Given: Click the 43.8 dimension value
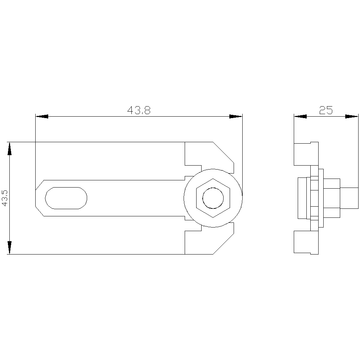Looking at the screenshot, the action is [139, 110].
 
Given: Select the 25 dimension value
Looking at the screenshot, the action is [326, 110].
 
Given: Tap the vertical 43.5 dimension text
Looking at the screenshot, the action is [5, 198].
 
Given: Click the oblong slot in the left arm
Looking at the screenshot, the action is [66, 198].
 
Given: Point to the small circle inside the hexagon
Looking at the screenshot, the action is [213, 198].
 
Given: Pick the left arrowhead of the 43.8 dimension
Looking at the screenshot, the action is [42, 116].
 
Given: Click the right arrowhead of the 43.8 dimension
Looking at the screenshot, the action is [236, 116].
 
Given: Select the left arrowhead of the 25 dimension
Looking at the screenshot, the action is [300, 116].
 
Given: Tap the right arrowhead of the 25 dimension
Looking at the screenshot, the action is [352, 116].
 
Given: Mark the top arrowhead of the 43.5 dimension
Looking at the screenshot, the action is [9, 149].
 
